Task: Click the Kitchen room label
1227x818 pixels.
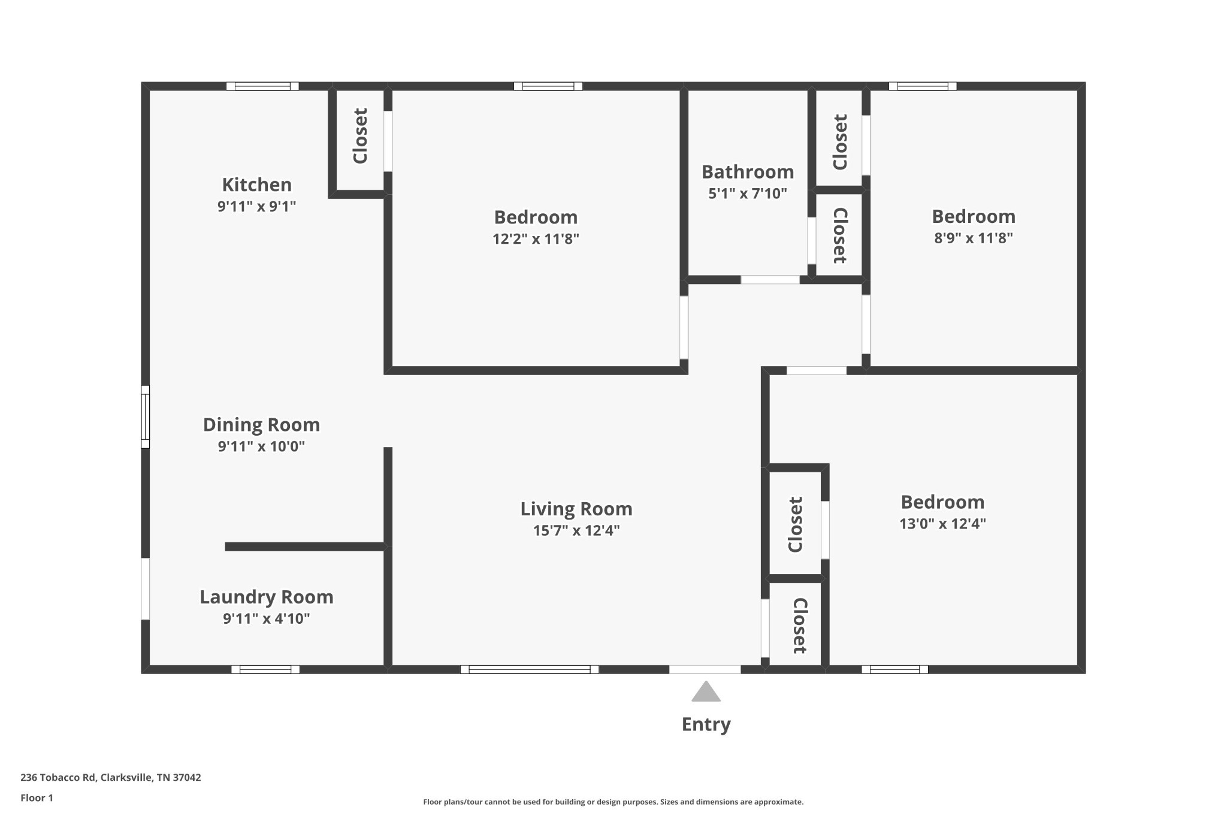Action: [x=256, y=185]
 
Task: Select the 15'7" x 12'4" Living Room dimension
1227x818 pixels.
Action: [x=576, y=530]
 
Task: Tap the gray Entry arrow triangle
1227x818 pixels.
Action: [x=706, y=692]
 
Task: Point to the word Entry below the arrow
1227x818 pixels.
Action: [x=706, y=725]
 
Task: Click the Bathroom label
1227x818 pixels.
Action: [x=747, y=172]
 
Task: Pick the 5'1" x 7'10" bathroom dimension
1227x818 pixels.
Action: [x=747, y=194]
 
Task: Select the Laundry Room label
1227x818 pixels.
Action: [x=266, y=597]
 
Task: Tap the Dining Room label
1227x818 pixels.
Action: [x=261, y=425]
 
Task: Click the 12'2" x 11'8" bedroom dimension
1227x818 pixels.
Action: [x=536, y=239]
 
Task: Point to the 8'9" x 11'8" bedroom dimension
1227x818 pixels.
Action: [x=973, y=238]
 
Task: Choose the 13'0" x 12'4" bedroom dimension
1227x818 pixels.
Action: [x=942, y=524]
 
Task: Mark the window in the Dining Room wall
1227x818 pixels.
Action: [x=145, y=416]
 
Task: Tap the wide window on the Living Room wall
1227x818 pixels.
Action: [x=529, y=669]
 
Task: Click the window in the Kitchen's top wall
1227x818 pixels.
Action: [x=262, y=86]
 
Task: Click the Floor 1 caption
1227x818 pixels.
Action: [x=37, y=798]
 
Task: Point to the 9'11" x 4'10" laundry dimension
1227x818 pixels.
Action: [x=266, y=618]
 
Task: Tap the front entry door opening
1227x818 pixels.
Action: [x=705, y=669]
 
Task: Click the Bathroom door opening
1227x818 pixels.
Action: [x=770, y=280]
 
